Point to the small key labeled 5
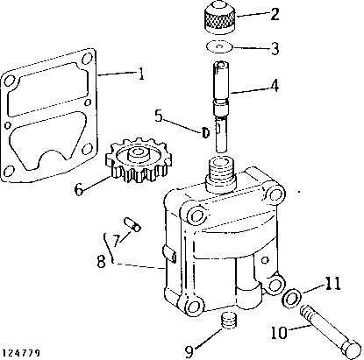[x=204, y=132]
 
